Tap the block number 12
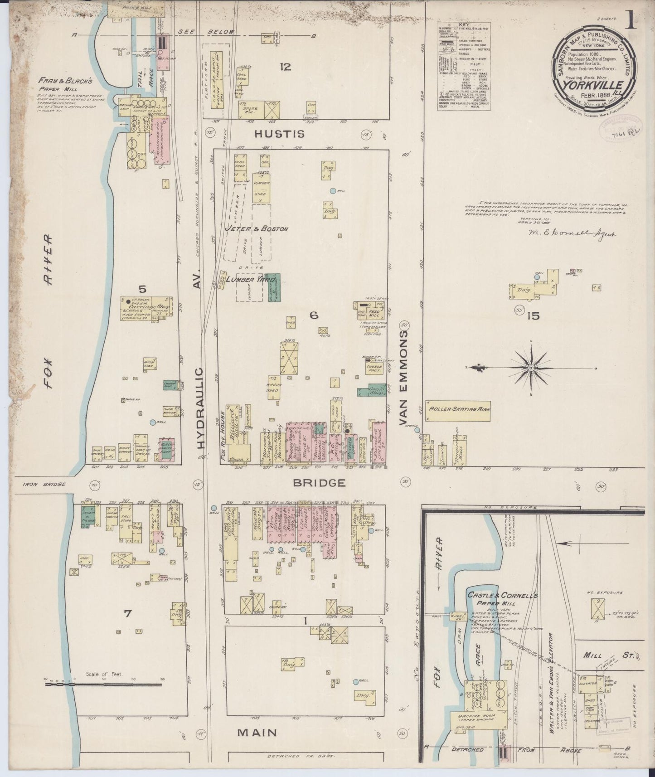point(285,68)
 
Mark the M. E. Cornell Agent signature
point(567,234)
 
